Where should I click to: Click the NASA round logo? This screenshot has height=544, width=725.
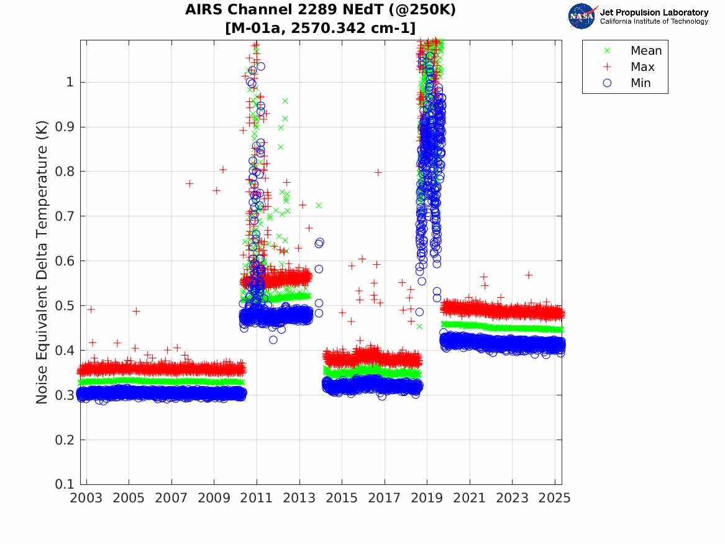[x=582, y=16]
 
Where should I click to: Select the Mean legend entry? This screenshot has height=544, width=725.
[x=646, y=50]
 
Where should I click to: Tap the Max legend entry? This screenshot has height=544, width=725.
[x=642, y=67]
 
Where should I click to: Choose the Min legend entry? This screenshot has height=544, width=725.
[x=641, y=83]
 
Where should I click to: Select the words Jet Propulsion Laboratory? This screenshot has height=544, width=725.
[x=654, y=12]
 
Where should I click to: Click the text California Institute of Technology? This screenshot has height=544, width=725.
[x=654, y=22]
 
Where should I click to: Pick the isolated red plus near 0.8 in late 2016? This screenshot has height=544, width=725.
[x=378, y=172]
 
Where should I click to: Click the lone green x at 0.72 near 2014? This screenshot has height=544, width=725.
[x=319, y=205]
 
